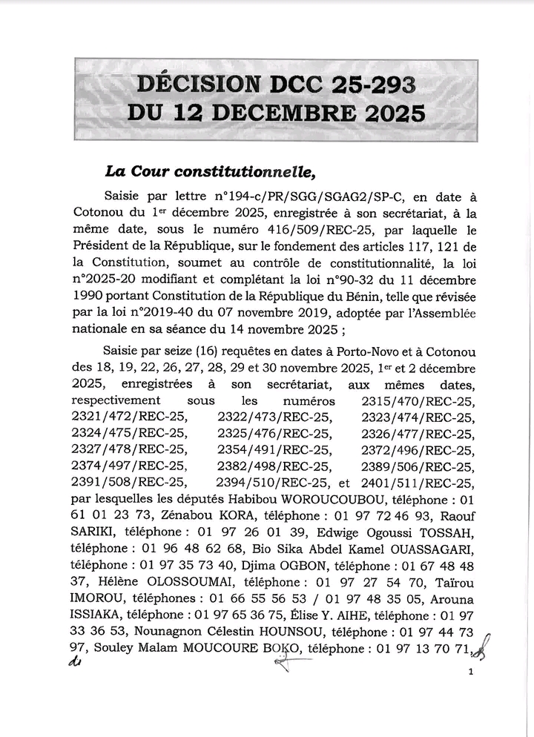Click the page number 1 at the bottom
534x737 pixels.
[x=471, y=672]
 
